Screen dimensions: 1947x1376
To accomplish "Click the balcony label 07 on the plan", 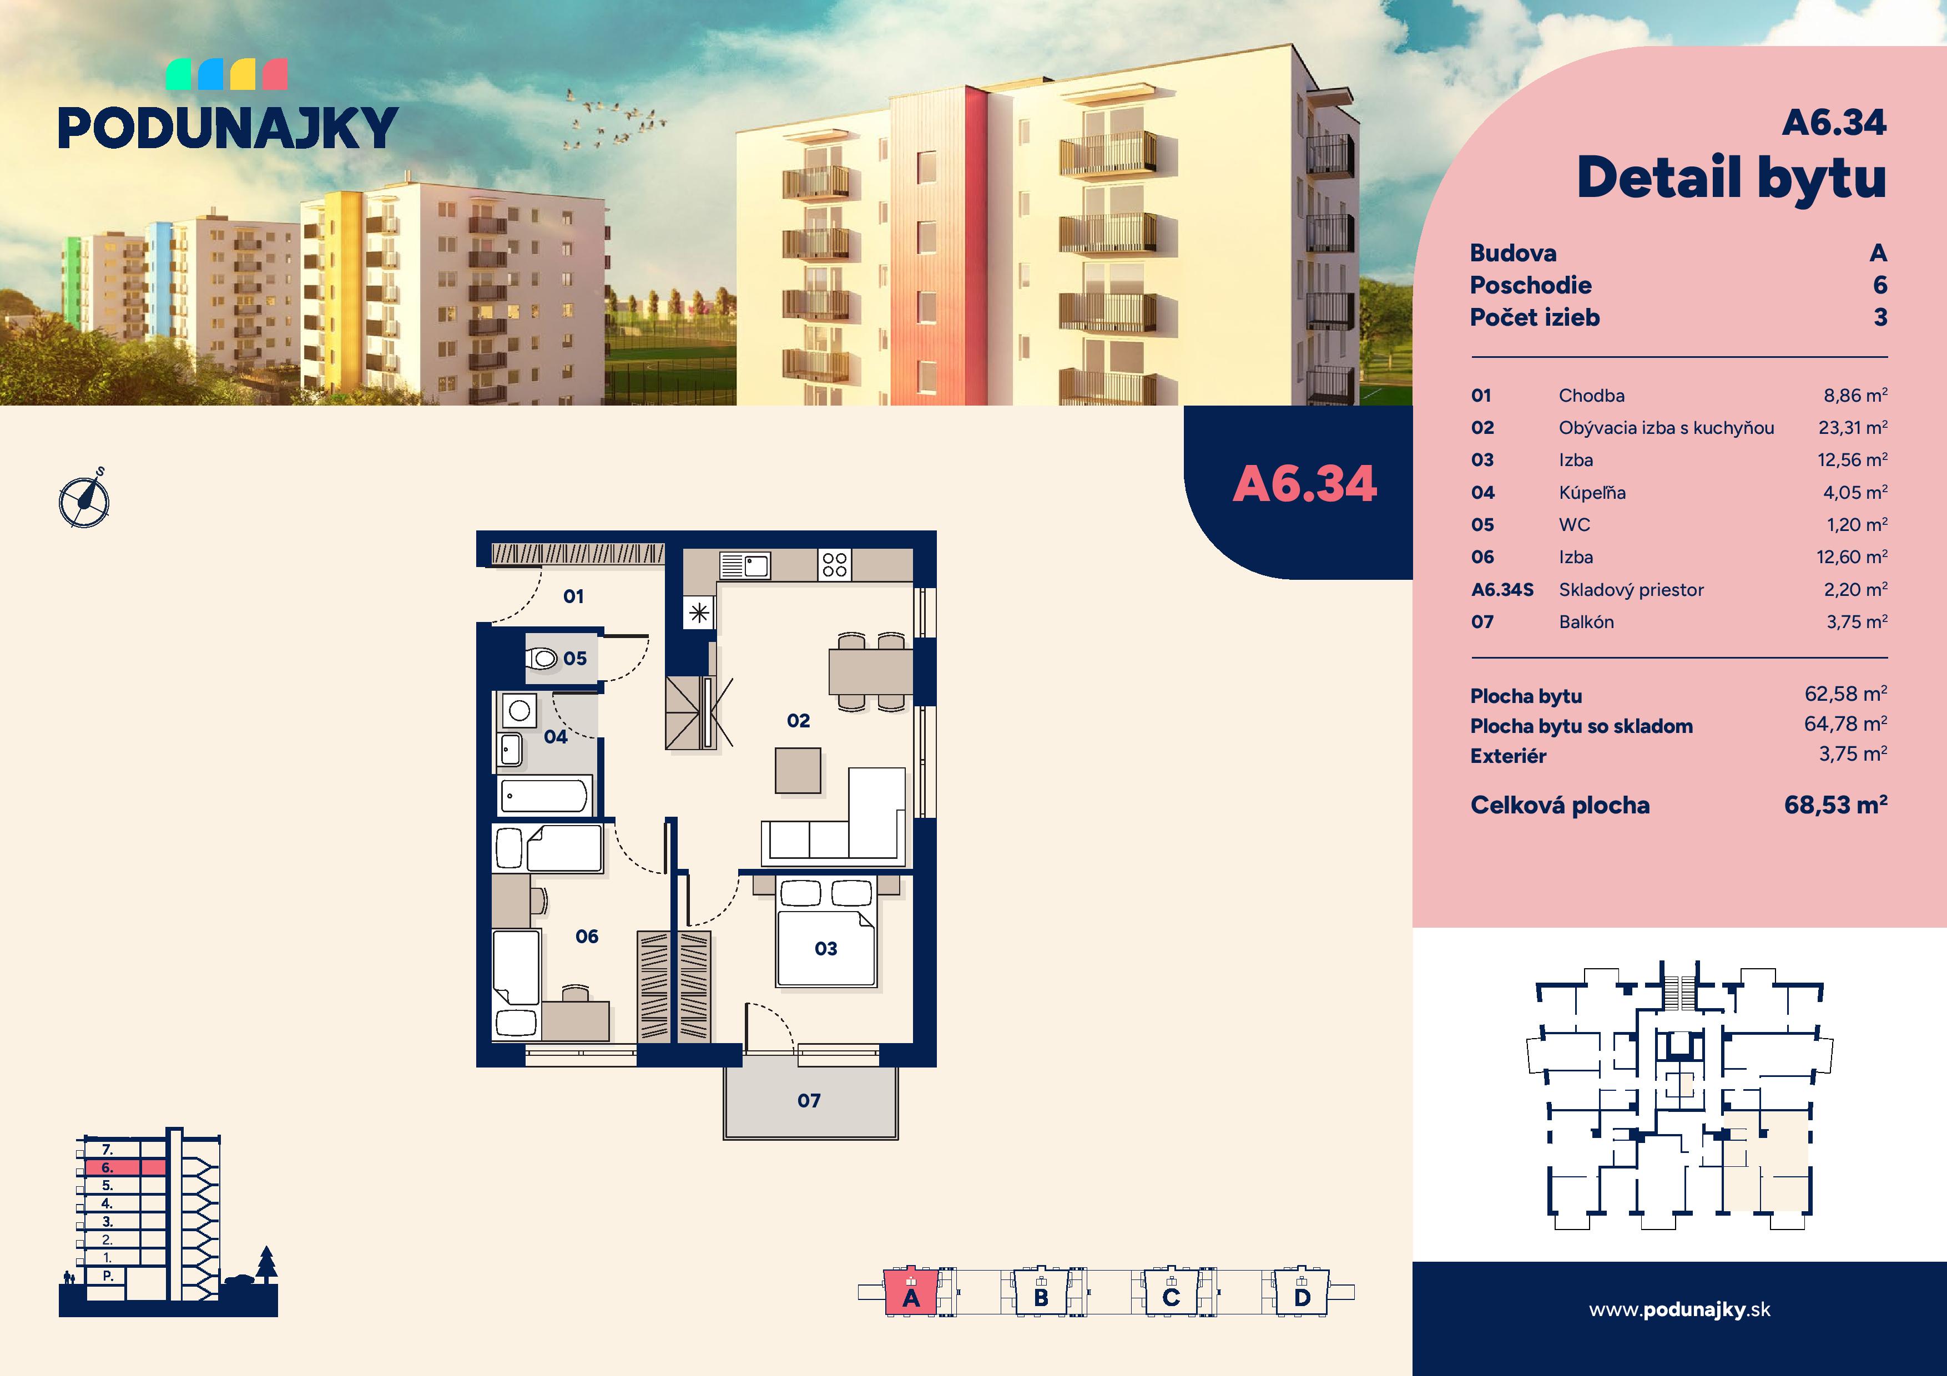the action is pyautogui.click(x=809, y=1100).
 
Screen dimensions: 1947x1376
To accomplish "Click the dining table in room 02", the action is pyautogui.click(x=871, y=671).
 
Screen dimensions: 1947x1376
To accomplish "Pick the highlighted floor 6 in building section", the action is pyautogui.click(x=125, y=1167).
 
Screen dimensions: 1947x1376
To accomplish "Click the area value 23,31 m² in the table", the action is pyautogui.click(x=1852, y=427).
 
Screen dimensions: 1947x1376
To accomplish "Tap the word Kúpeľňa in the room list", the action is pyautogui.click(x=1592, y=493).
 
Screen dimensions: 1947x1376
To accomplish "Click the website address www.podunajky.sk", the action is pyautogui.click(x=1679, y=1310).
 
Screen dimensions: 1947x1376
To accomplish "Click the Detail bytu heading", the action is pyautogui.click(x=1732, y=179).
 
